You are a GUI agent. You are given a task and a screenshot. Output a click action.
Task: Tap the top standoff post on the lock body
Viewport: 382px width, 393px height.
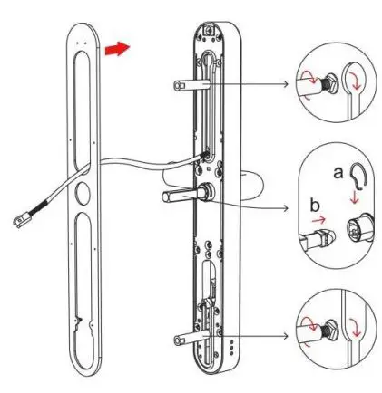point(183,84)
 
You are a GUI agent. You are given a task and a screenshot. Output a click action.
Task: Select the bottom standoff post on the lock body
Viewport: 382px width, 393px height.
point(184,341)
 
